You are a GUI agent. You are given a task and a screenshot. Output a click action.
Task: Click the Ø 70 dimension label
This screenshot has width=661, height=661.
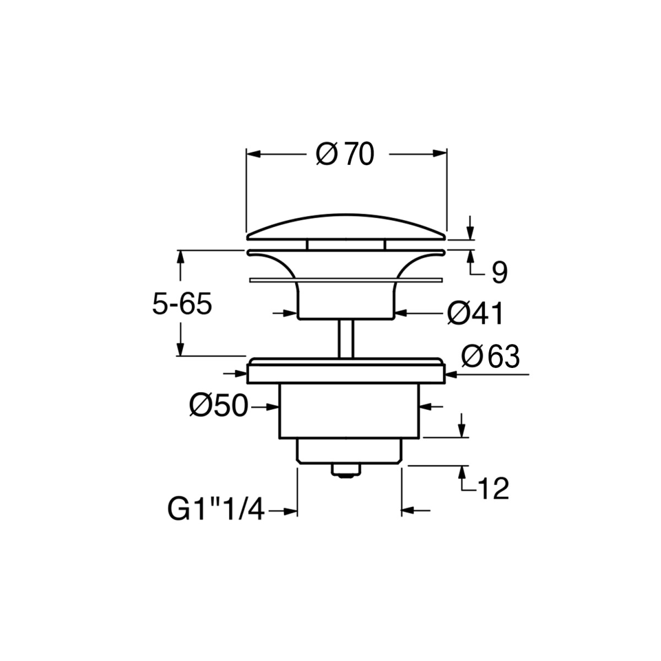coord(345,155)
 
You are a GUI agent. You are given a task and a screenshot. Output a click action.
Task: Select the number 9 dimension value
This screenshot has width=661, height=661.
coord(499,273)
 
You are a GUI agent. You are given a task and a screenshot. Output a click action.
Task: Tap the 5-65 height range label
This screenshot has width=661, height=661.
coord(182,304)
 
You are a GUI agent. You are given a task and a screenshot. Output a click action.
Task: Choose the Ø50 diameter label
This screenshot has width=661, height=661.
coord(219,407)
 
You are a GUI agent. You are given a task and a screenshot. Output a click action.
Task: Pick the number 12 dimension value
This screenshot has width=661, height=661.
coord(493,489)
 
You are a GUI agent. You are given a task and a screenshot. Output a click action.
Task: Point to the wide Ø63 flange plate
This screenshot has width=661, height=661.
coord(346,372)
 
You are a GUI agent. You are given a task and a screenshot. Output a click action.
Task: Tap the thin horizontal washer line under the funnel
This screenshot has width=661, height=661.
coord(346,280)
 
